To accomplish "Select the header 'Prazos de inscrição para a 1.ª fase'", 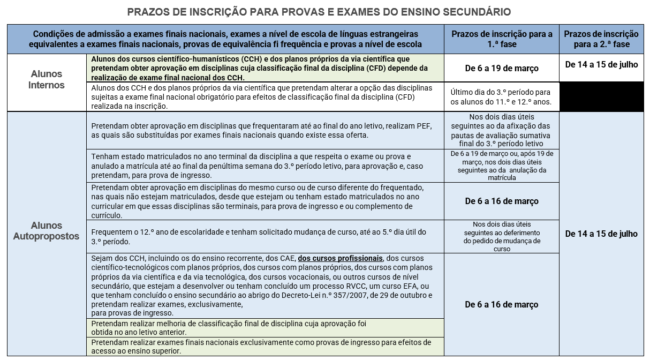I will pyautogui.click(x=502, y=39).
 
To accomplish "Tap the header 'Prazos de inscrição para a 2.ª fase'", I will pyautogui.click(x=604, y=39).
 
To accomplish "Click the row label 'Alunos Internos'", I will pyautogui.click(x=46, y=79).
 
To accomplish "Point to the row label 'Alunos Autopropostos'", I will pyautogui.click(x=46, y=231).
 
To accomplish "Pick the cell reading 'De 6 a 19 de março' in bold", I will pyautogui.click(x=502, y=68).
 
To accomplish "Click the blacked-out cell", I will pyautogui.click(x=604, y=96).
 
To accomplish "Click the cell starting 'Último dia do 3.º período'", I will pyautogui.click(x=502, y=96).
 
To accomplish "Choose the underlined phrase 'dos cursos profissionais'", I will pyautogui.click(x=340, y=258).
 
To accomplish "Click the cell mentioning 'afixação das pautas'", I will pyautogui.click(x=502, y=130).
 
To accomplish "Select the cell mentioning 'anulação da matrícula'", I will pyautogui.click(x=502, y=166).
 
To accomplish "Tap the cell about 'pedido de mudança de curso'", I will pyautogui.click(x=502, y=236).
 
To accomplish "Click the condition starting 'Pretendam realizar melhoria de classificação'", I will pyautogui.click(x=229, y=328).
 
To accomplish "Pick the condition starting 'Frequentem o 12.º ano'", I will pyautogui.click(x=259, y=236).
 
